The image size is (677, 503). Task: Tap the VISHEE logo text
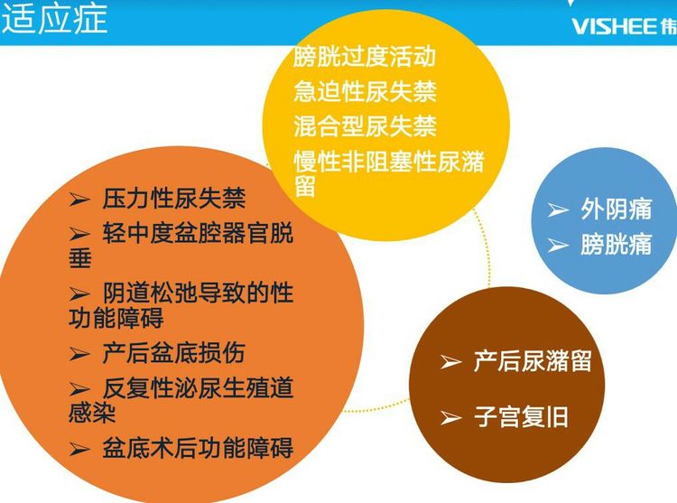point(614,27)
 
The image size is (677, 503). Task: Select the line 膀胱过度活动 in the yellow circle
point(365,57)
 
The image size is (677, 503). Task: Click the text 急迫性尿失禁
point(366,91)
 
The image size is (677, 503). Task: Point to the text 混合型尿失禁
point(366,126)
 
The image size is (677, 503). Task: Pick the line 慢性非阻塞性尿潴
point(389,162)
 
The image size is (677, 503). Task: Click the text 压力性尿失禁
point(174,199)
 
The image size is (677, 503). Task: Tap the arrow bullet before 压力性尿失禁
point(79,200)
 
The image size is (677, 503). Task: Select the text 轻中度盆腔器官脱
point(198,233)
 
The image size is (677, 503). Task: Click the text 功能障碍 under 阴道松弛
point(116,318)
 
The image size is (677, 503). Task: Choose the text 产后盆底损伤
point(174,353)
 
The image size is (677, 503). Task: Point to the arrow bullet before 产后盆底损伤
point(79,354)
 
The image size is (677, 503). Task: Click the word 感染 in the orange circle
point(92,413)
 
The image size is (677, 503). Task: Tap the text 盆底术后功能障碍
point(198,448)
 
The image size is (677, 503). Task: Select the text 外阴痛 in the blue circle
point(617,209)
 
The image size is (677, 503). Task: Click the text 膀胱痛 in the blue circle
point(617,245)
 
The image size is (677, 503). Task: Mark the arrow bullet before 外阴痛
point(558,210)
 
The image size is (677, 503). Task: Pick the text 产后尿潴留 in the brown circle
point(533,361)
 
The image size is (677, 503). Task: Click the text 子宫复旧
point(521,417)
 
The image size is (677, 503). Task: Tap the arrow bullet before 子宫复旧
point(450,418)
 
